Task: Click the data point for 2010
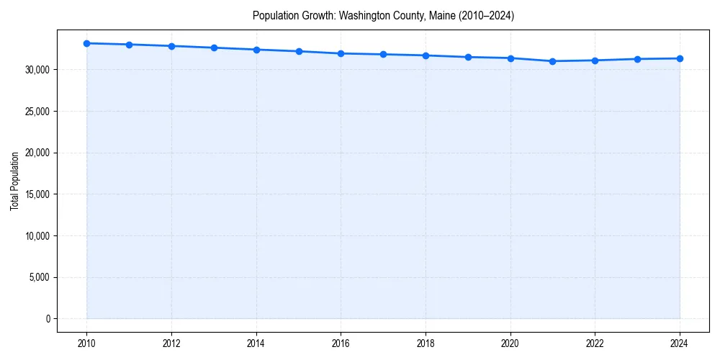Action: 86,43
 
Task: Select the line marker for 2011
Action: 129,45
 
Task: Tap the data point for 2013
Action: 214,48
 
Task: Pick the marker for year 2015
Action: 299,51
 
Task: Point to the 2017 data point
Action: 383,54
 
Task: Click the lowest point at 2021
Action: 552,61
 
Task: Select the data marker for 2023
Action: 637,59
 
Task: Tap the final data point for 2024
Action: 680,58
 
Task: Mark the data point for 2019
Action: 468,57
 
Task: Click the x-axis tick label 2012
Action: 171,343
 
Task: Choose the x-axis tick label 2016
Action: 341,343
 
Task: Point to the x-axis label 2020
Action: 510,343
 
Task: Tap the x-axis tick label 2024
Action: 680,343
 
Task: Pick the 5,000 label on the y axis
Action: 39,277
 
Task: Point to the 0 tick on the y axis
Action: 48,319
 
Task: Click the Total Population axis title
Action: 14,181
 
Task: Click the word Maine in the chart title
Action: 436,15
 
